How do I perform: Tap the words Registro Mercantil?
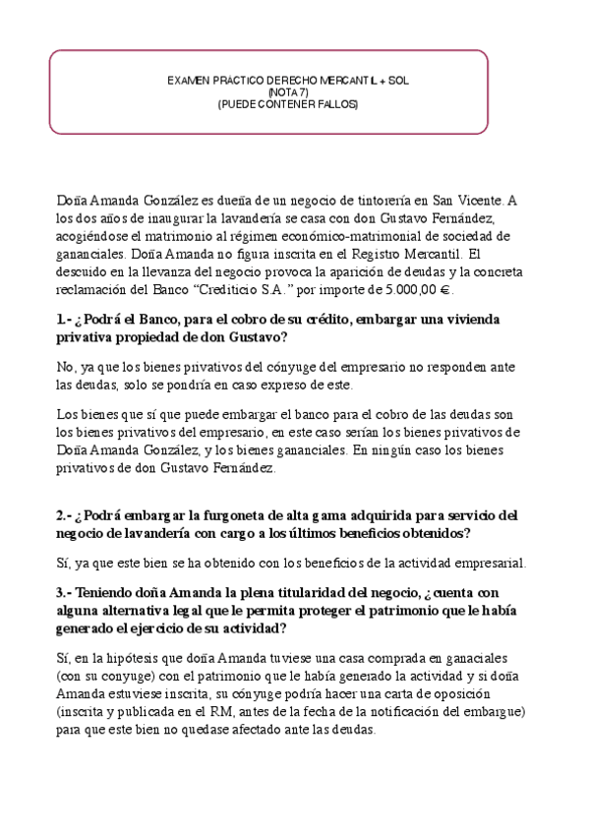pyautogui.click(x=410, y=254)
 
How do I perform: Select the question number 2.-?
pyautogui.click(x=66, y=514)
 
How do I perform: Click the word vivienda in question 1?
pyautogui.click(x=475, y=320)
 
